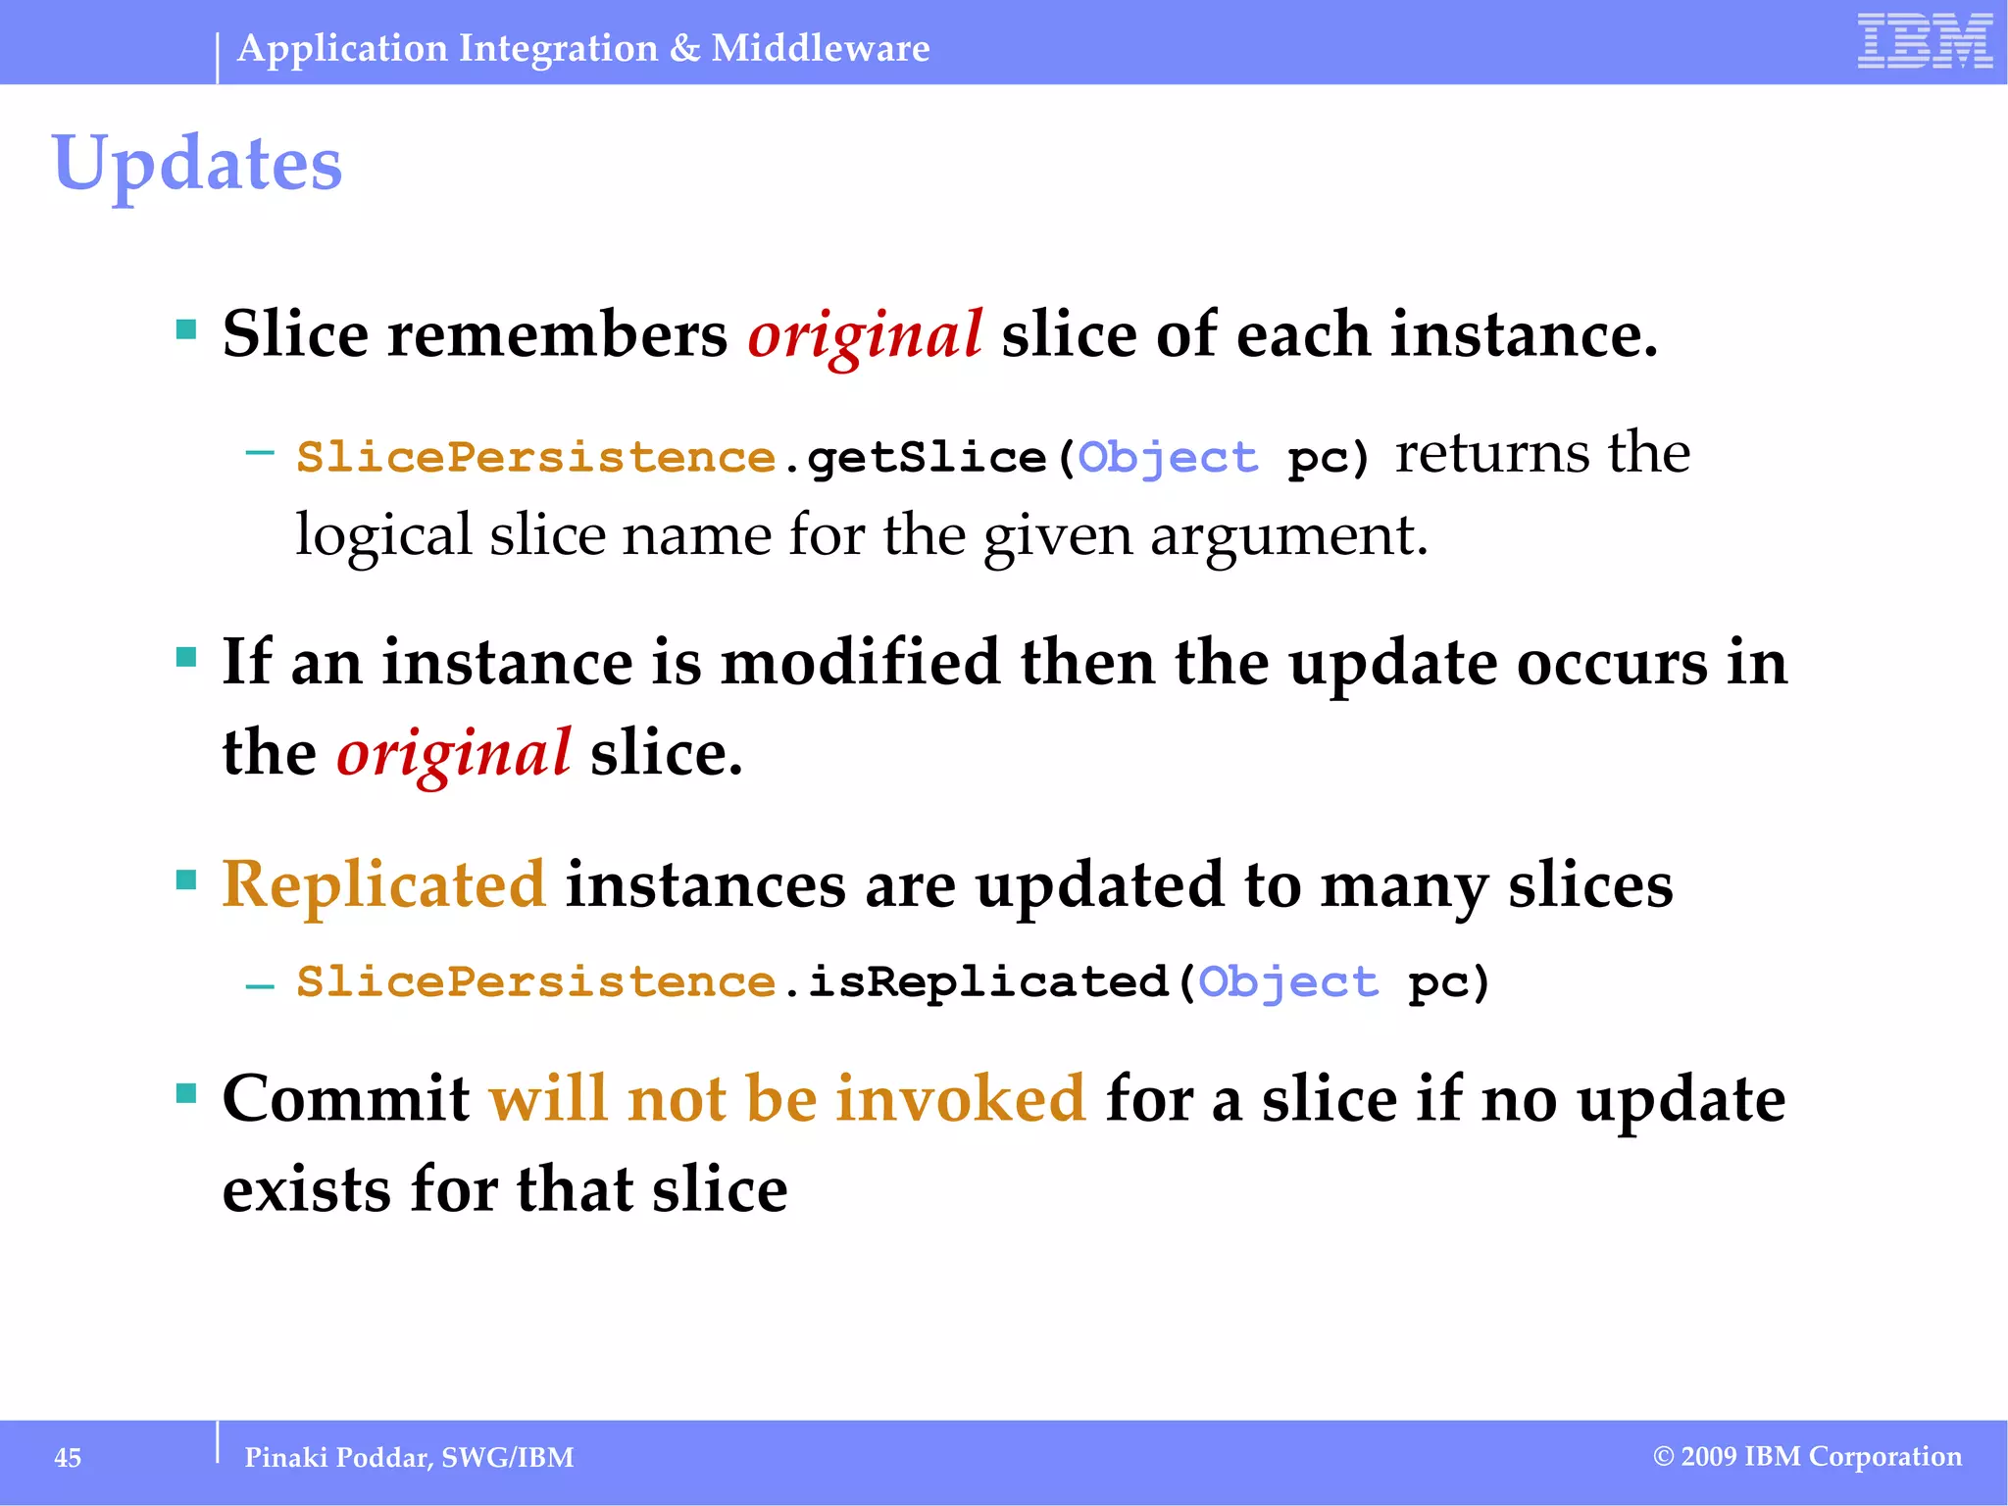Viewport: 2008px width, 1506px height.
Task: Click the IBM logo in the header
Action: (x=1925, y=41)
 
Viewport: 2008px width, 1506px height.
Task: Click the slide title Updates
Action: (x=197, y=163)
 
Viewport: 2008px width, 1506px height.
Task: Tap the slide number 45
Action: (x=68, y=1458)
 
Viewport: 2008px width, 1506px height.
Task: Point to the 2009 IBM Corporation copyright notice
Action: (x=1808, y=1456)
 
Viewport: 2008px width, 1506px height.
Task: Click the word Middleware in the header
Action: (x=821, y=48)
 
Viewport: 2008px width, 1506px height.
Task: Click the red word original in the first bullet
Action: (x=865, y=335)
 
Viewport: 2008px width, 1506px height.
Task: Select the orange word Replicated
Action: (x=383, y=884)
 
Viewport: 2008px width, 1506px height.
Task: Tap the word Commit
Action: (x=346, y=1098)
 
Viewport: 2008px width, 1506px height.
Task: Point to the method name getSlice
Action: (x=926, y=458)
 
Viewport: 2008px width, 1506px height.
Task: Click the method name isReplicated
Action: (x=987, y=981)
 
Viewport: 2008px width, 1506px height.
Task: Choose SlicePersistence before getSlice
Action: (x=536, y=458)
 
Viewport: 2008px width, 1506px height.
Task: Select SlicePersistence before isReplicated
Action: (x=536, y=981)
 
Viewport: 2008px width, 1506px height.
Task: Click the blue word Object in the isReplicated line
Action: (x=1288, y=983)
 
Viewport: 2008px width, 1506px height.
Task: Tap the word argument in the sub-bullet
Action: (x=1288, y=537)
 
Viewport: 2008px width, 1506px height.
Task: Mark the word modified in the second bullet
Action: (x=860, y=663)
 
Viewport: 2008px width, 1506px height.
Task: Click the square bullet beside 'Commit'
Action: (x=186, y=1092)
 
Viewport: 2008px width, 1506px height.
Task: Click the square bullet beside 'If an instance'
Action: (x=186, y=656)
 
